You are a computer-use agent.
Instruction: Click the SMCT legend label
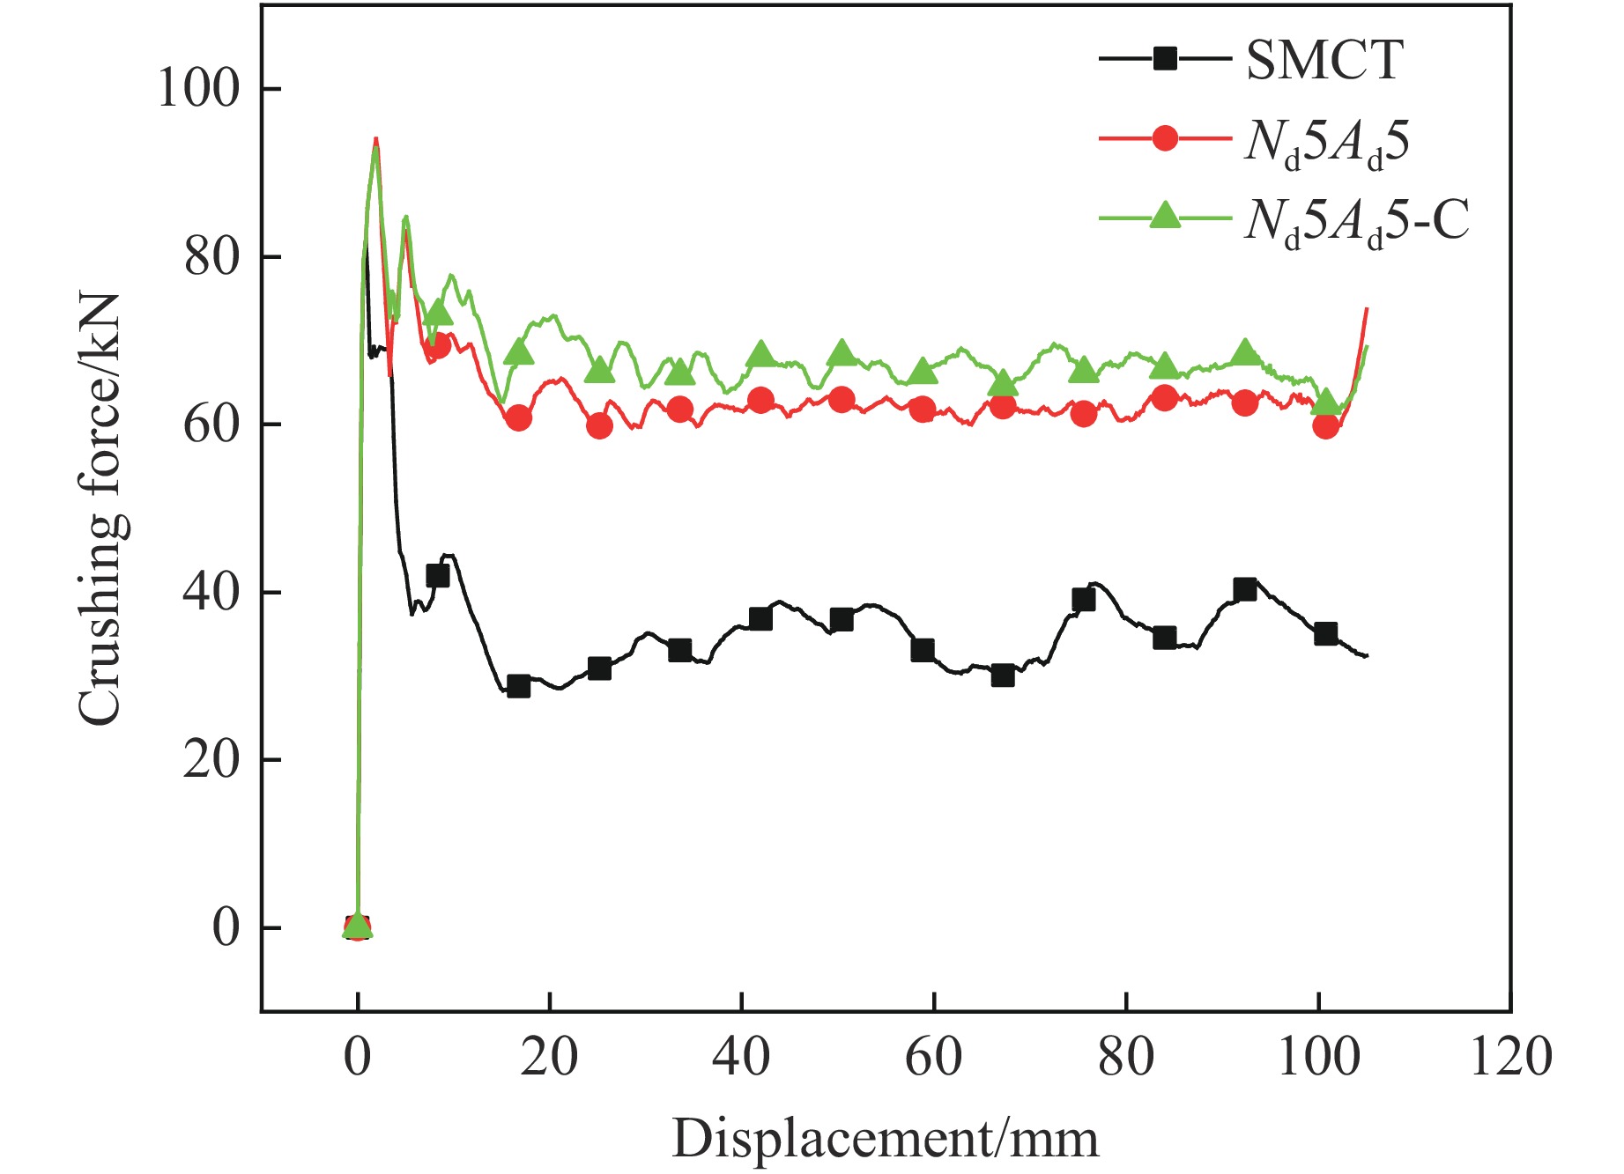[1324, 61]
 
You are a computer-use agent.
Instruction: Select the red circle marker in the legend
[1165, 138]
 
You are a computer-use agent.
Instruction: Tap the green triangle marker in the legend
[1165, 216]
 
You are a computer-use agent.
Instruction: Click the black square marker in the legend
[1165, 59]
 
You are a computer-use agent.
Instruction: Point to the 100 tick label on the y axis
[198, 89]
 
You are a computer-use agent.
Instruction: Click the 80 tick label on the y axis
[211, 257]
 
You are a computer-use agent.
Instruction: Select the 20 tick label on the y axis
[211, 760]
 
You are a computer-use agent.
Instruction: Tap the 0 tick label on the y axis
[226, 928]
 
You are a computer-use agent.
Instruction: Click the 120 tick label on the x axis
[1510, 1057]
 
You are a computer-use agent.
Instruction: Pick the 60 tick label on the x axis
[933, 1057]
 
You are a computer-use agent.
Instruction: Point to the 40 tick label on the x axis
[741, 1057]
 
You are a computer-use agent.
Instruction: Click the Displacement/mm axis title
[886, 1139]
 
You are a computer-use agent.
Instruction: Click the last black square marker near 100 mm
[1325, 634]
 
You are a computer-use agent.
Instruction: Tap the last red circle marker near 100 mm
[1325, 426]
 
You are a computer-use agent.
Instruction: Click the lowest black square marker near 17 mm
[518, 686]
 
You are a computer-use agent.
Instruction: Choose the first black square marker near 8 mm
[437, 576]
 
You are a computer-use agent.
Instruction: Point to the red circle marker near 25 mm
[599, 426]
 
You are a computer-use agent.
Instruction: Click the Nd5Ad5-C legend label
[1357, 219]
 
